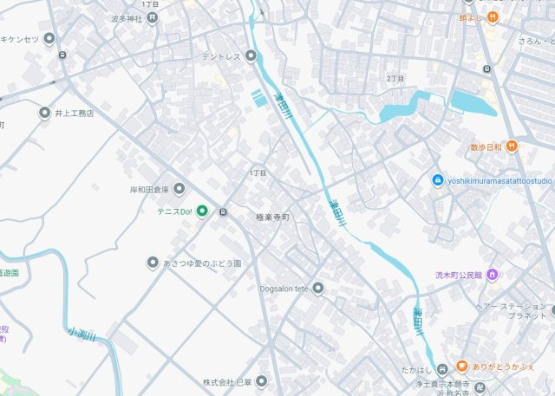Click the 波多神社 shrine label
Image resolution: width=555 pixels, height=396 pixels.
point(127,17)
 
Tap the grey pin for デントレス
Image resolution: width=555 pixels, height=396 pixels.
point(251,57)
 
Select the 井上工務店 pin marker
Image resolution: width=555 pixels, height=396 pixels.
point(45,113)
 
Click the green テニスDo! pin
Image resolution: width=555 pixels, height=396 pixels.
point(202,211)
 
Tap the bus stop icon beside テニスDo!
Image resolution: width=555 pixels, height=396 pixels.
point(224,211)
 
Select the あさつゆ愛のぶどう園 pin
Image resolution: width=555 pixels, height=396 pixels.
point(153,263)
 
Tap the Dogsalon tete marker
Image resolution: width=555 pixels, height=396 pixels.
point(318,288)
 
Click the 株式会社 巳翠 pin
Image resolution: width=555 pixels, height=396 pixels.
point(261,381)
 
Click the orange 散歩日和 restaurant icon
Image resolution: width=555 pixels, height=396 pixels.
point(513,146)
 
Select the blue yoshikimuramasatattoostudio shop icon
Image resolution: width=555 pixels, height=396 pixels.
point(438,180)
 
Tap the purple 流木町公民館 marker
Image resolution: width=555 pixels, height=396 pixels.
point(492,276)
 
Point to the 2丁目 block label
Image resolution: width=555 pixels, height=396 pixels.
point(395,78)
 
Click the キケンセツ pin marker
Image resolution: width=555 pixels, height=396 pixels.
point(49,38)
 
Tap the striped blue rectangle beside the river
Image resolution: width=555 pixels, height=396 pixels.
point(259,99)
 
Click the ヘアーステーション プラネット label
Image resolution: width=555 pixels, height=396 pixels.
point(511,311)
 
